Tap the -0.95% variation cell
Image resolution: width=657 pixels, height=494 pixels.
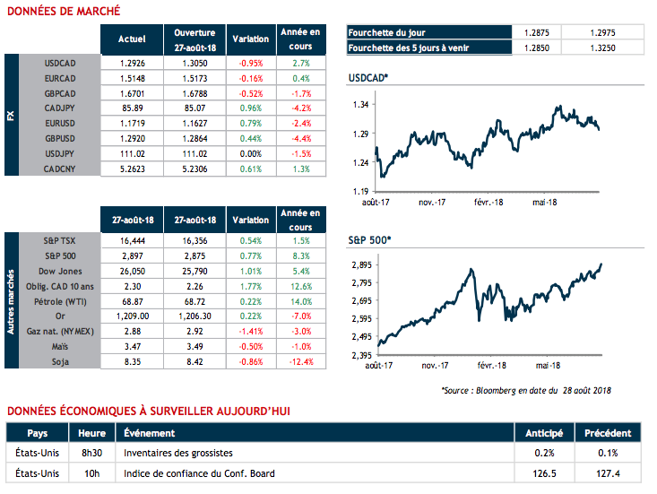coord(250,65)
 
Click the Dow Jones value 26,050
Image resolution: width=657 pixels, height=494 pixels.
coord(132,270)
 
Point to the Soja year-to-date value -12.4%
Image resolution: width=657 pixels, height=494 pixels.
coord(301,361)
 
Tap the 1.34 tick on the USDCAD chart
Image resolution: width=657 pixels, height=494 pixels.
coord(361,105)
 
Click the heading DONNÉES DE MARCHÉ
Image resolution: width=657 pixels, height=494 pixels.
coord(62,12)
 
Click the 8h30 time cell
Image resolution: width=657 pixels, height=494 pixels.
coord(92,453)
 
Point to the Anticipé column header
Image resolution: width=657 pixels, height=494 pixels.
coord(544,433)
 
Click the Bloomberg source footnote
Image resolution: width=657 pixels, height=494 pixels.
coord(526,390)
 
